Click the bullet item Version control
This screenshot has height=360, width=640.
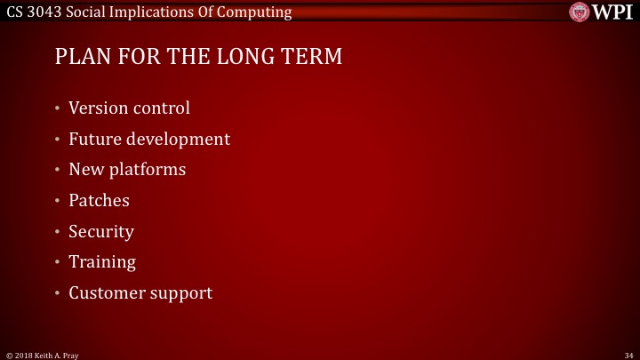(129, 108)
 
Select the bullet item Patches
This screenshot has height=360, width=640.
(99, 200)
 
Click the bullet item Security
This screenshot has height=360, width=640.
(101, 231)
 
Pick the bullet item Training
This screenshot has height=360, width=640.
(102, 262)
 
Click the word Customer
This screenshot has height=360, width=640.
(107, 292)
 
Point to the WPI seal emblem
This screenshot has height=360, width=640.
(580, 12)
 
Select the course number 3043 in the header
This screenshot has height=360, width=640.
(45, 12)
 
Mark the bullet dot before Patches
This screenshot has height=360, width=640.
(57, 201)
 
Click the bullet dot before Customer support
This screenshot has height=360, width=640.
(57, 293)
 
